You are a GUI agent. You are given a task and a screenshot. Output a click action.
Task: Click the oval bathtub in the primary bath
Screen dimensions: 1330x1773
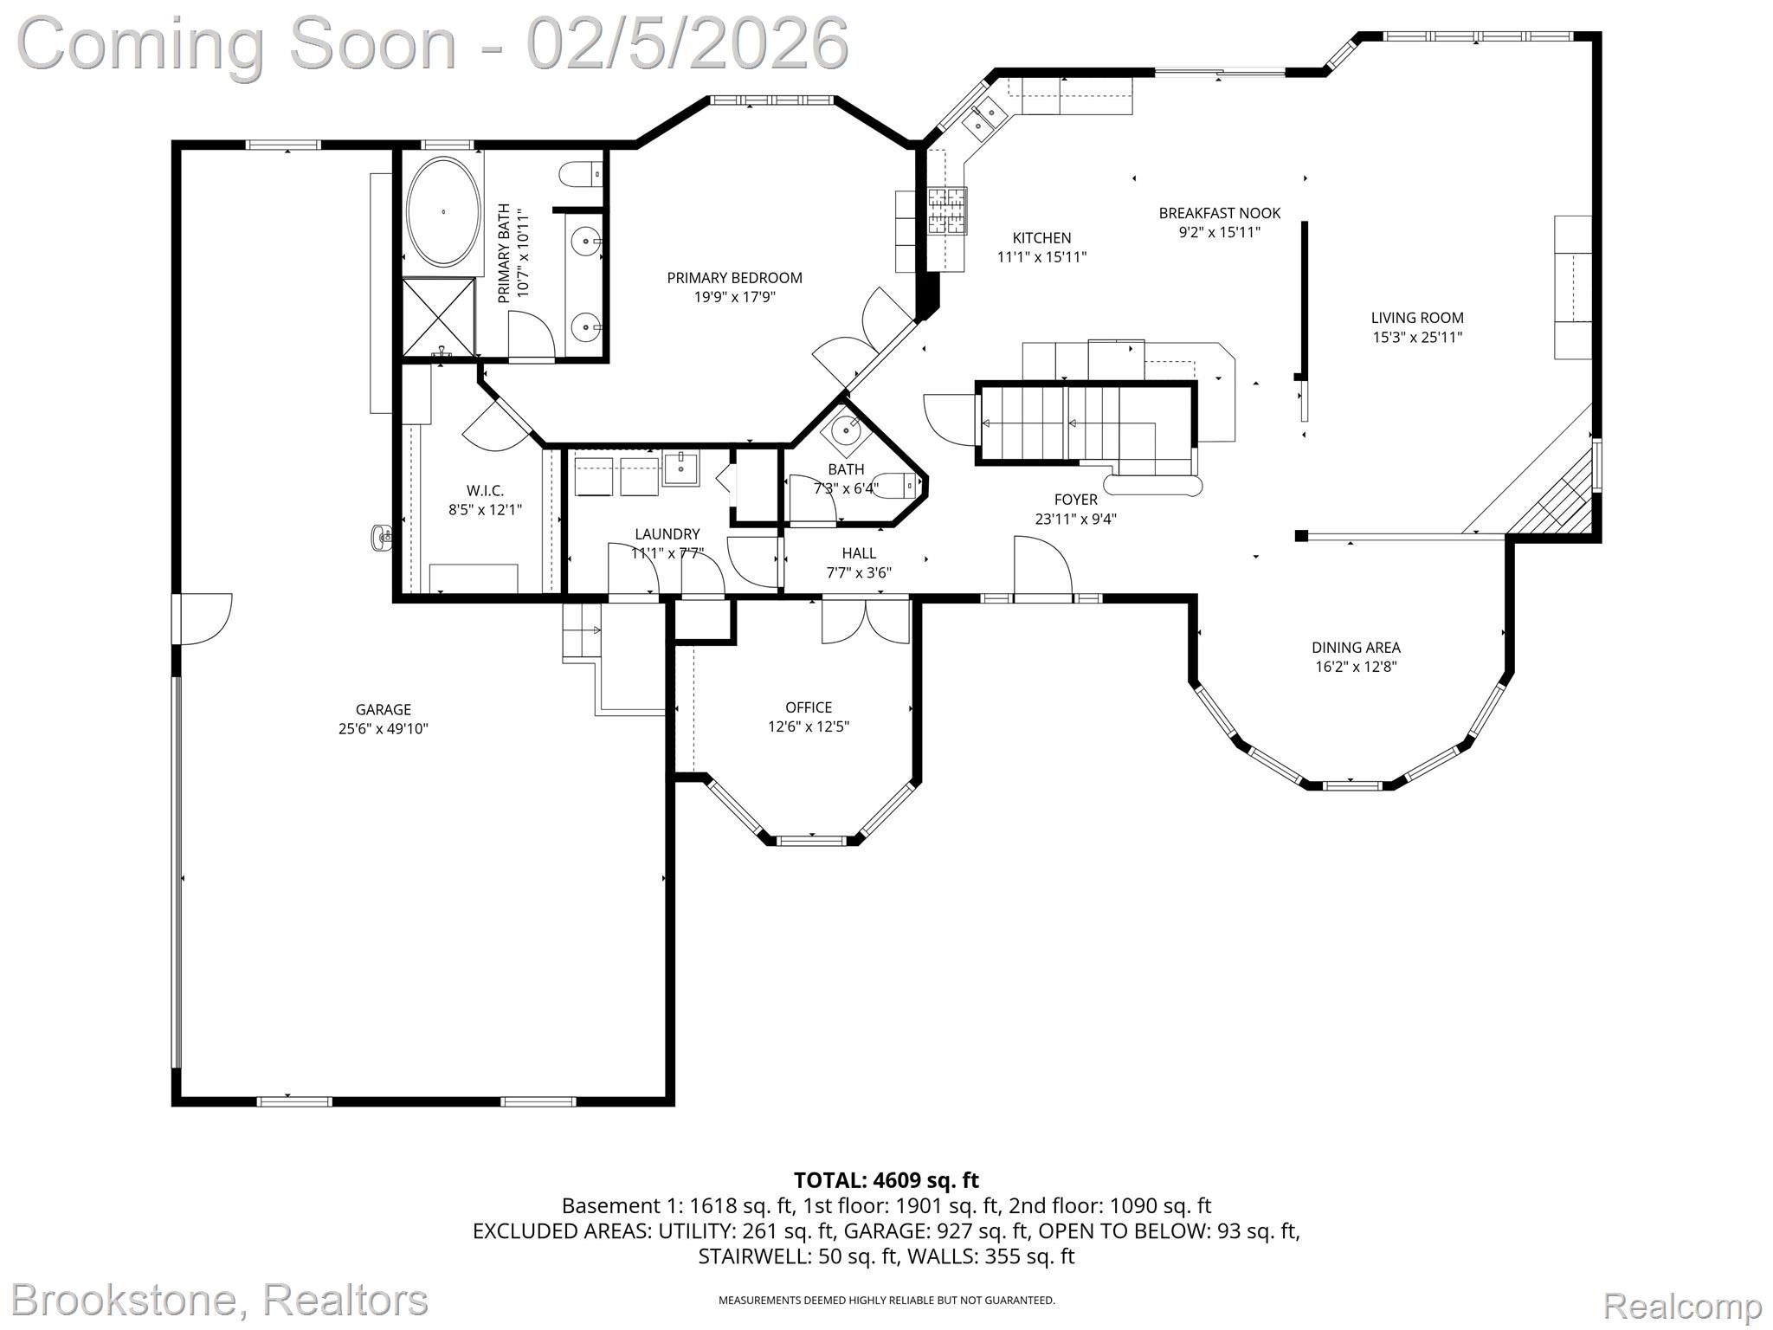click(x=443, y=212)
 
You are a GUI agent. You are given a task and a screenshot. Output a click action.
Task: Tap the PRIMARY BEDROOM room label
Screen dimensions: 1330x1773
click(x=734, y=278)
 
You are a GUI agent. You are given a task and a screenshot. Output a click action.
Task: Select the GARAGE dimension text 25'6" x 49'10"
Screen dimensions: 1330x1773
click(x=383, y=729)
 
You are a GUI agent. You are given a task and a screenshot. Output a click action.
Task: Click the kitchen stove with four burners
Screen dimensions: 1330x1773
click(x=946, y=211)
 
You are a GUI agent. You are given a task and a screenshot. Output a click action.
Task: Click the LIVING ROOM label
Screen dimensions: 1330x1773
click(x=1417, y=318)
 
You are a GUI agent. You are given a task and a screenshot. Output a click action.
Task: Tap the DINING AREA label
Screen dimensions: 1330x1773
click(x=1356, y=648)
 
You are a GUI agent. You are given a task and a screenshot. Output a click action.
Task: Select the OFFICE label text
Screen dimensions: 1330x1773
click(x=809, y=707)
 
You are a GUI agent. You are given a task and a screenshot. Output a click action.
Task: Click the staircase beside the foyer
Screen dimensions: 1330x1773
click(x=1082, y=424)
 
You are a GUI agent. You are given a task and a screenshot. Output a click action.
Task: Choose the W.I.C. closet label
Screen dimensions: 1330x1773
click(x=485, y=491)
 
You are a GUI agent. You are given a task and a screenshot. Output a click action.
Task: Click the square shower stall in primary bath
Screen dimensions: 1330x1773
click(x=439, y=316)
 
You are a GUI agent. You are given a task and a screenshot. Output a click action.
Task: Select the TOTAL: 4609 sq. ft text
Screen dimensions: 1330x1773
click(x=886, y=1180)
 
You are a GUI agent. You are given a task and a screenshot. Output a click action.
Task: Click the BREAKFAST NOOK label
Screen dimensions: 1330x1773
click(x=1219, y=213)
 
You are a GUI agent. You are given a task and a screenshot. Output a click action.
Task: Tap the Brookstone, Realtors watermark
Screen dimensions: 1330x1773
click(x=220, y=1301)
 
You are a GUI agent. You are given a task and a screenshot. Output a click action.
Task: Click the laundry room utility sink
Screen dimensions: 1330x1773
click(x=681, y=468)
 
